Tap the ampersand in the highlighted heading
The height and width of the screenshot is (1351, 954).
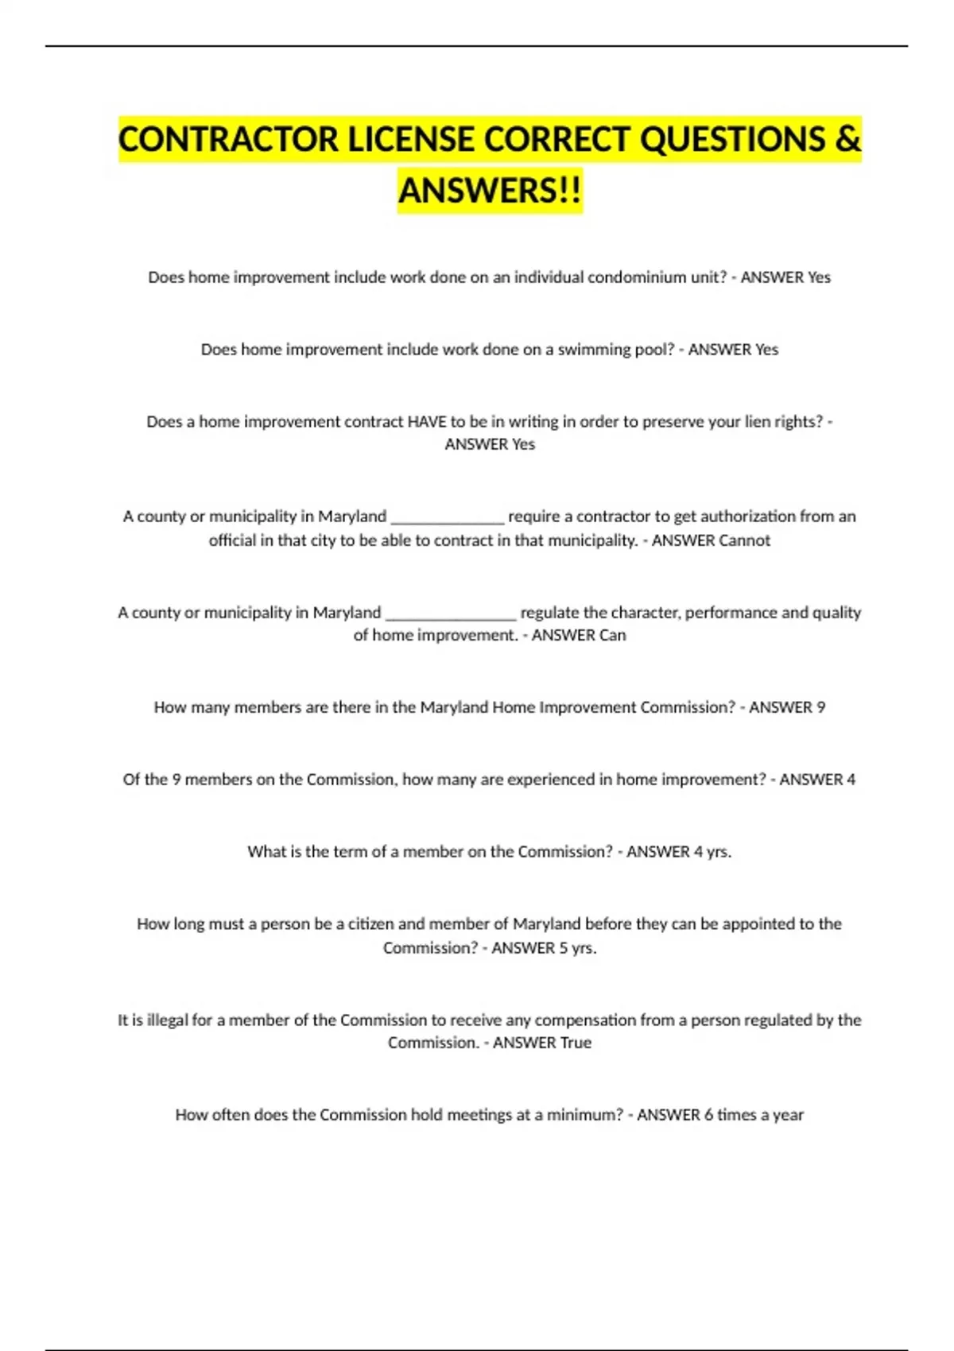[848, 140]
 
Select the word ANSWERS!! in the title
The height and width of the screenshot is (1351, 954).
[490, 191]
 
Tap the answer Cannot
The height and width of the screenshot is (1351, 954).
[744, 540]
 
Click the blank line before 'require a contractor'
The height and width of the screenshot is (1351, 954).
[448, 518]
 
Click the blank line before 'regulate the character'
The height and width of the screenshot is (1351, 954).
[451, 614]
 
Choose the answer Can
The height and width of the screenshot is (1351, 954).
[612, 636]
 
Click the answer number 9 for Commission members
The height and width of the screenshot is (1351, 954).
[820, 707]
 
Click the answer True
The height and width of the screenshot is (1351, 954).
[576, 1043]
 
